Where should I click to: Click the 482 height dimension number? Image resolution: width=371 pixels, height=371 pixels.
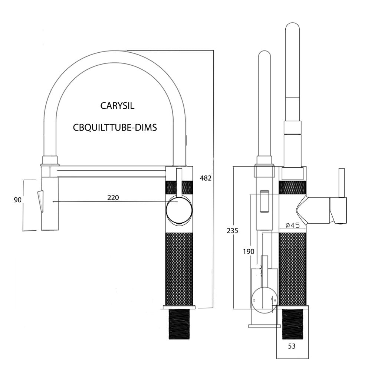pyautogui.click(x=206, y=178)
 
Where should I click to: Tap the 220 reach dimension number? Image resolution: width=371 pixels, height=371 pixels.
pyautogui.click(x=113, y=197)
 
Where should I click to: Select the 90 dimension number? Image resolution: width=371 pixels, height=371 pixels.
pyautogui.click(x=18, y=200)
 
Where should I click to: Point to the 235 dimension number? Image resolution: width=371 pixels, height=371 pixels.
pyautogui.click(x=232, y=230)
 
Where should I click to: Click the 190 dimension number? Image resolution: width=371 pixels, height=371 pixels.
pyautogui.click(x=249, y=251)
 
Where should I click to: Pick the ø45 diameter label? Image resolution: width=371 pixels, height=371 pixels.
pyautogui.click(x=292, y=225)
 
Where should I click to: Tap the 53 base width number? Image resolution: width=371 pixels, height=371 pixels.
pyautogui.click(x=292, y=346)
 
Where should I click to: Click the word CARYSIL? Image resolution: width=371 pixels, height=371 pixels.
pyautogui.click(x=117, y=106)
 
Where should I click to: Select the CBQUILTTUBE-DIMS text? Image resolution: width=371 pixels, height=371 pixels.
pyautogui.click(x=115, y=128)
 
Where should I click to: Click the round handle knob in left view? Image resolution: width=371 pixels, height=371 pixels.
pyautogui.click(x=179, y=210)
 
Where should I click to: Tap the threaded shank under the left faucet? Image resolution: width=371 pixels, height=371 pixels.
pyautogui.click(x=179, y=324)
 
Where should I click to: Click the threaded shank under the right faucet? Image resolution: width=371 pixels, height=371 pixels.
pyautogui.click(x=293, y=324)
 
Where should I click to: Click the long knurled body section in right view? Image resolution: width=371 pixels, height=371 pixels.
pyautogui.click(x=293, y=269)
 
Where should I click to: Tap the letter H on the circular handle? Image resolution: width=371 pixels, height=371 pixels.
pyautogui.click(x=275, y=300)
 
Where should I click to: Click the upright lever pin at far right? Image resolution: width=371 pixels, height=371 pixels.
pyautogui.click(x=341, y=183)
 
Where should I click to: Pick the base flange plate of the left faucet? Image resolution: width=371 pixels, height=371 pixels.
pyautogui.click(x=179, y=307)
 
